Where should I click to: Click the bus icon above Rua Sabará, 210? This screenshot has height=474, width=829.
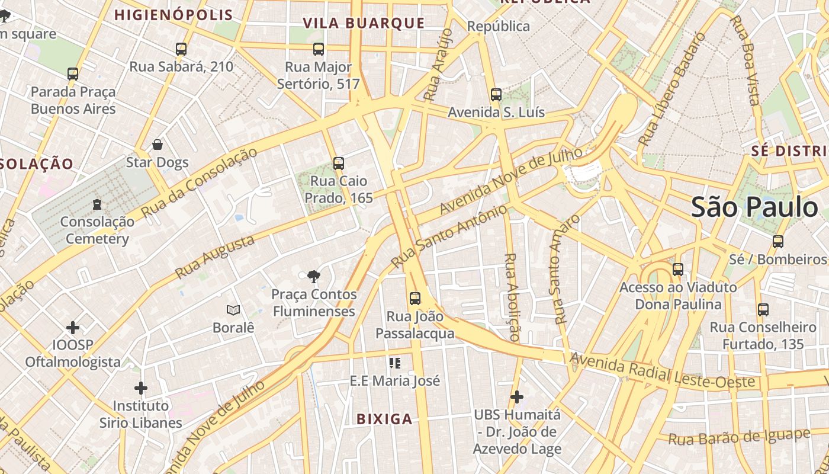[181, 49]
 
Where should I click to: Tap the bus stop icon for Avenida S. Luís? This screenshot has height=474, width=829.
[496, 95]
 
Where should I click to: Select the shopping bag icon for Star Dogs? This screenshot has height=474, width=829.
[158, 145]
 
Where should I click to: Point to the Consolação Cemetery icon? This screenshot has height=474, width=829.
[97, 204]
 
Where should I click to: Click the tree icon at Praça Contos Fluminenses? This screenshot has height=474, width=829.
[313, 276]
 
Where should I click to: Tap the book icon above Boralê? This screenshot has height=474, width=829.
[233, 310]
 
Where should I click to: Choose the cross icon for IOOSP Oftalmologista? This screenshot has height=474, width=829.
[73, 328]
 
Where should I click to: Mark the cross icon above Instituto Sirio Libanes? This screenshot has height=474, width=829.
[140, 389]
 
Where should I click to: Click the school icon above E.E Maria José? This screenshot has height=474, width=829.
[395, 363]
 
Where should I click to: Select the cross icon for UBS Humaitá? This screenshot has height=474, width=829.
[517, 396]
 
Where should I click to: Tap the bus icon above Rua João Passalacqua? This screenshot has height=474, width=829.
[415, 299]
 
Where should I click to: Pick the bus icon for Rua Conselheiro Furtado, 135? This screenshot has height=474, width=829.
[763, 309]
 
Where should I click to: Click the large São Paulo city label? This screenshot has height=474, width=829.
[754, 207]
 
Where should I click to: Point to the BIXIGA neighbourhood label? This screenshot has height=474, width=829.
[384, 419]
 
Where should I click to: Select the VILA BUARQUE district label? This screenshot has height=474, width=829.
[364, 23]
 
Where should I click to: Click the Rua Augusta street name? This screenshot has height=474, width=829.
[215, 257]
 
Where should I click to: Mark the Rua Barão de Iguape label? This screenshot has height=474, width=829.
[739, 437]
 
